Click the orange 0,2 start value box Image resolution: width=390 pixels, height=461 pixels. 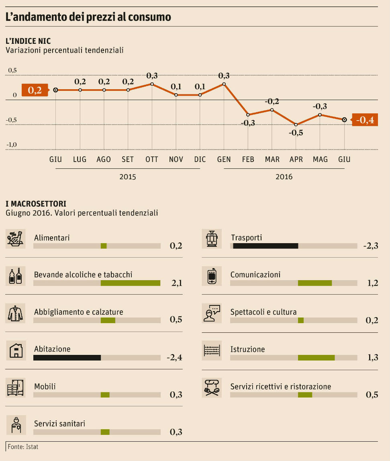click(x=35, y=90)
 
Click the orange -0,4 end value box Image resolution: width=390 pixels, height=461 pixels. click(x=365, y=120)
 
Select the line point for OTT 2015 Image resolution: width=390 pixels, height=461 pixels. click(x=152, y=84)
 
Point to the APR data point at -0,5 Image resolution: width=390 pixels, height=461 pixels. click(x=296, y=125)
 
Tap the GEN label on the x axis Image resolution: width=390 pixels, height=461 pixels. click(x=224, y=160)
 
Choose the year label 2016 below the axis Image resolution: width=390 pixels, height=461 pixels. click(x=284, y=177)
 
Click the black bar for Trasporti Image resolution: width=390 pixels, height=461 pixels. click(x=265, y=246)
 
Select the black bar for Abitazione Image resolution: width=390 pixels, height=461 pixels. click(x=67, y=357)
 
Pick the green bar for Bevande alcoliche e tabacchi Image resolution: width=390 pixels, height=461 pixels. click(x=130, y=283)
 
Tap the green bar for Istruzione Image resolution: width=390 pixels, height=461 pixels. click(x=316, y=358)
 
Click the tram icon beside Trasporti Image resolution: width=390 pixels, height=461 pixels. click(x=211, y=239)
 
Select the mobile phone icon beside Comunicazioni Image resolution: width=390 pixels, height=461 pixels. click(x=211, y=277)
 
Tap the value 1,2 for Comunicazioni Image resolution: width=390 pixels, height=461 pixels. click(x=372, y=283)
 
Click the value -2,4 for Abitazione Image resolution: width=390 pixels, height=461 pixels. click(x=174, y=357)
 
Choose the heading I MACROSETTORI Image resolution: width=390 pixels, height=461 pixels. click(x=36, y=204)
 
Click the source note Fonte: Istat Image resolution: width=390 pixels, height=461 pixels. click(x=23, y=447)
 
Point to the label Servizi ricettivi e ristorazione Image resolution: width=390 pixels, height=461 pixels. click(x=280, y=387)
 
